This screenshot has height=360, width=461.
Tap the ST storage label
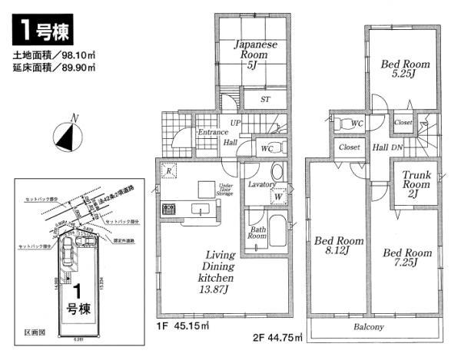264,99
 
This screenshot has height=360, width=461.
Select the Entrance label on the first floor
211,133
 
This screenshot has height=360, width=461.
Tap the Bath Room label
257,233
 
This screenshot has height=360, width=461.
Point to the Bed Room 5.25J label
405,70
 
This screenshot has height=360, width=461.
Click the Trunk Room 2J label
416,183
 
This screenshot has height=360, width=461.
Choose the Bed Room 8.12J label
338,245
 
